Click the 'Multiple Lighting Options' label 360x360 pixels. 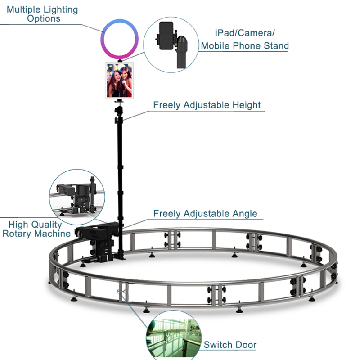point(42,14)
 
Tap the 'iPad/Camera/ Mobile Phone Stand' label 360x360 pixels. point(244,39)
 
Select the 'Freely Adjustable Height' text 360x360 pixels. point(207,105)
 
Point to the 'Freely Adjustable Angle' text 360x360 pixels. point(205,213)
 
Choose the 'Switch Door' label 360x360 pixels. point(229,345)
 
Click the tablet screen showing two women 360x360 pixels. point(120,80)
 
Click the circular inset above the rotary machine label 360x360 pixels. point(77,194)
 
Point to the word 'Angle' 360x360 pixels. point(243,213)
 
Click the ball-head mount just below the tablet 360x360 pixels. point(119,108)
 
